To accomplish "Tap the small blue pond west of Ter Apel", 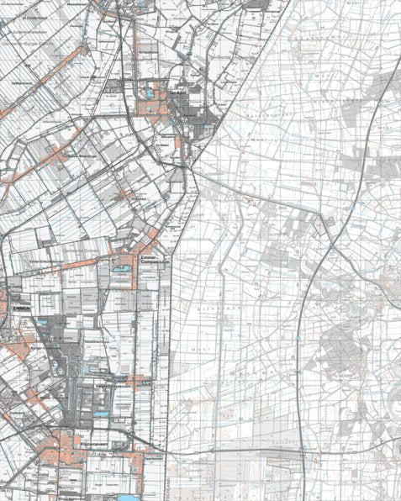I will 149,94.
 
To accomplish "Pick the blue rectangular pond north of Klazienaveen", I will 102,414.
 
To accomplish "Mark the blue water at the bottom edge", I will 126,497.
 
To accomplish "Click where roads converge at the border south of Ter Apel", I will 193,167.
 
